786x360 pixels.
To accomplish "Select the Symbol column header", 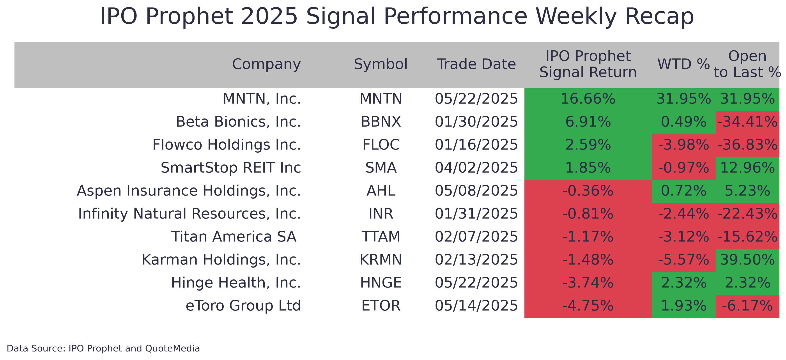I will pyautogui.click(x=381, y=64).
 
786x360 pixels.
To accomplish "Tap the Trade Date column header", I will pyautogui.click(x=476, y=64).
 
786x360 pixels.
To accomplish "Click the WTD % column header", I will pyautogui.click(x=683, y=64).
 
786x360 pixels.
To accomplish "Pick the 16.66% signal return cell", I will pyautogui.click(x=588, y=99).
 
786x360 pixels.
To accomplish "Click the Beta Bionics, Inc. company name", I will pyautogui.click(x=238, y=122).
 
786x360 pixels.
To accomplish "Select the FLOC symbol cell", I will pyautogui.click(x=381, y=145).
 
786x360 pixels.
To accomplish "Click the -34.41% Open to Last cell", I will pyautogui.click(x=747, y=122).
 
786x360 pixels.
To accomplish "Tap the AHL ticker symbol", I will pyautogui.click(x=381, y=191).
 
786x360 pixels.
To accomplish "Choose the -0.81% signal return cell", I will pyautogui.click(x=588, y=214).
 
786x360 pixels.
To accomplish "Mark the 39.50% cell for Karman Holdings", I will pyautogui.click(x=747, y=260).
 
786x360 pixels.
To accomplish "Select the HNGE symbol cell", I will pyautogui.click(x=381, y=283).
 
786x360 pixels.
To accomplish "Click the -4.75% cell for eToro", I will pyautogui.click(x=588, y=306).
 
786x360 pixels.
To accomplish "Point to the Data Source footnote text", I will pyautogui.click(x=103, y=348).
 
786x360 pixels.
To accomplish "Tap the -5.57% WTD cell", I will pyautogui.click(x=683, y=260).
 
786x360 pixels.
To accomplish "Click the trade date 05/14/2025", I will pyautogui.click(x=476, y=306).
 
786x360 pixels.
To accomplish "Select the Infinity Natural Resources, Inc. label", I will pyautogui.click(x=189, y=214).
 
